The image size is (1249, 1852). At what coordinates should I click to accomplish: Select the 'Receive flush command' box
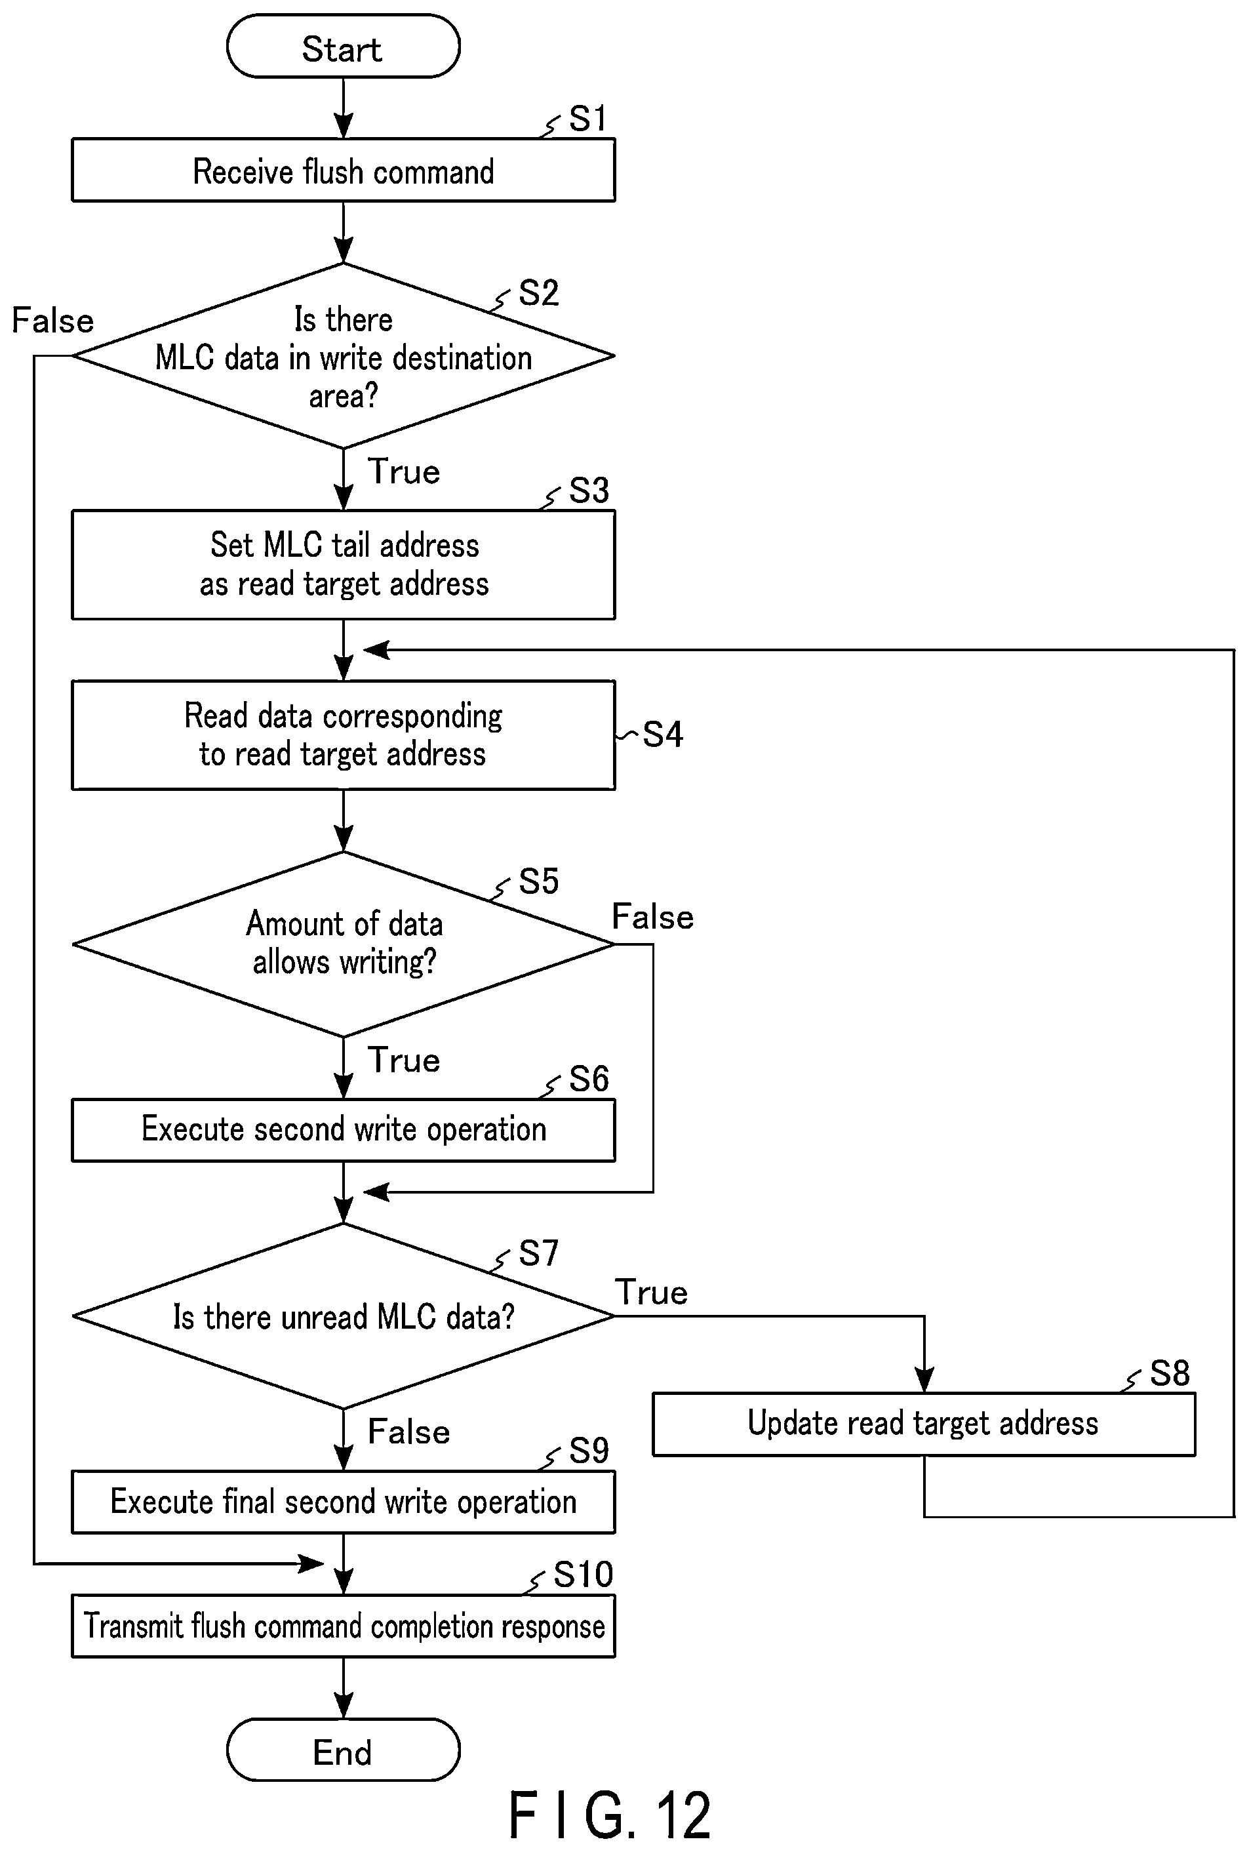[x=344, y=171]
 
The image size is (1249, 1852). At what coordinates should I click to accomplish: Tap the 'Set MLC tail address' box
[x=344, y=565]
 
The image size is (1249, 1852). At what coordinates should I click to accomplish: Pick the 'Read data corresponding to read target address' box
[x=344, y=735]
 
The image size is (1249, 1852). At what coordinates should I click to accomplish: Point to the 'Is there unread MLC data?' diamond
[x=344, y=1316]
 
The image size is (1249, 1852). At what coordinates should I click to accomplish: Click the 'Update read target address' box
[x=924, y=1424]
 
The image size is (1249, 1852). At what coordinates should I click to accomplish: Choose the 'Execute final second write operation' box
[x=344, y=1502]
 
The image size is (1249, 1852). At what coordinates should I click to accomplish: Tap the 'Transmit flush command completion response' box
[x=344, y=1626]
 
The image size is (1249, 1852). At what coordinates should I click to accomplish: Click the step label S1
[x=588, y=119]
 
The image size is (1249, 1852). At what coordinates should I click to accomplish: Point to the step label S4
[x=663, y=735]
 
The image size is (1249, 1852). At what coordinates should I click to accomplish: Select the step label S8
[x=1170, y=1373]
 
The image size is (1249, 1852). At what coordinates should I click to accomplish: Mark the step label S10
[x=583, y=1575]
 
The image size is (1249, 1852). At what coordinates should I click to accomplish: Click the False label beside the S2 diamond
[x=52, y=321]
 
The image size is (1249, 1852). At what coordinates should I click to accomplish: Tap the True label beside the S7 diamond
[x=651, y=1292]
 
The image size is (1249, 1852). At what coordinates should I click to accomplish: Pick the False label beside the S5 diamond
[x=652, y=917]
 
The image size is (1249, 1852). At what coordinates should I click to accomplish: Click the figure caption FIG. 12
[x=609, y=1815]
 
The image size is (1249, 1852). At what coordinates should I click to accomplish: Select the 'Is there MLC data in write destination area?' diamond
[x=344, y=356]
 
